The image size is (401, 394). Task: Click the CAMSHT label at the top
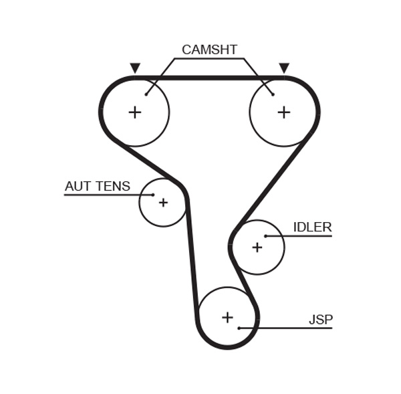[x=209, y=50]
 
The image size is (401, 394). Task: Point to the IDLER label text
[x=312, y=227]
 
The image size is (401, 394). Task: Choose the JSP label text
[x=320, y=320]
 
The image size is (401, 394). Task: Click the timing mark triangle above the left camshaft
[x=135, y=68]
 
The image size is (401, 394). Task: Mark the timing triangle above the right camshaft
[x=284, y=68]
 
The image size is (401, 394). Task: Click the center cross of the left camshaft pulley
[x=135, y=112]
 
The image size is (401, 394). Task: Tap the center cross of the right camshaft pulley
[x=284, y=112]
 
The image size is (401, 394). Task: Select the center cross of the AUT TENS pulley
[x=163, y=203]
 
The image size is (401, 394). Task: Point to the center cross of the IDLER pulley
[x=257, y=248]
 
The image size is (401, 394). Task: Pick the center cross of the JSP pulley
[x=227, y=317]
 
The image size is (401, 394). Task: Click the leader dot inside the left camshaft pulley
[x=146, y=94]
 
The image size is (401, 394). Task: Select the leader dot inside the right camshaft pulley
[x=273, y=94]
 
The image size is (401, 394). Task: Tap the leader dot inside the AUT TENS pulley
[x=153, y=195]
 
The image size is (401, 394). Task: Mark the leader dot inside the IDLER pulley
[x=265, y=236]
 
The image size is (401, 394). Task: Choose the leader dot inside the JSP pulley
[x=239, y=328]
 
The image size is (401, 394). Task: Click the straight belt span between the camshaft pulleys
[x=209, y=78]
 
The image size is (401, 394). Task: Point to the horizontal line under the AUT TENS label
[x=100, y=195]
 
